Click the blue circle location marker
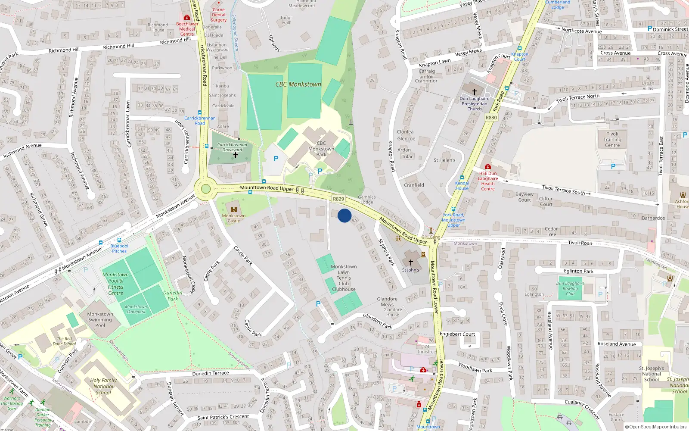344,215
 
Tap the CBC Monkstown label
298,84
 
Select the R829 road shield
338,199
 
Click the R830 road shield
491,118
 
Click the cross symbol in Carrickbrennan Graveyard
235,155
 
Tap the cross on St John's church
410,262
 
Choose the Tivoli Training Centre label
612,140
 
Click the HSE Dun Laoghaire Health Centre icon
487,166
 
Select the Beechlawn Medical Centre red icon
187,18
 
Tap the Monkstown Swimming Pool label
100,320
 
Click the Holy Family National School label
103,386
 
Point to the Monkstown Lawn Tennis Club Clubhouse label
344,278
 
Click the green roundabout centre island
206,189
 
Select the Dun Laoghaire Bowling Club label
570,288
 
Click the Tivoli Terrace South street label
563,190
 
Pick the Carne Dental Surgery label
218,15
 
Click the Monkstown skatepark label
136,309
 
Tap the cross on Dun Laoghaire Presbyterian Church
475,92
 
